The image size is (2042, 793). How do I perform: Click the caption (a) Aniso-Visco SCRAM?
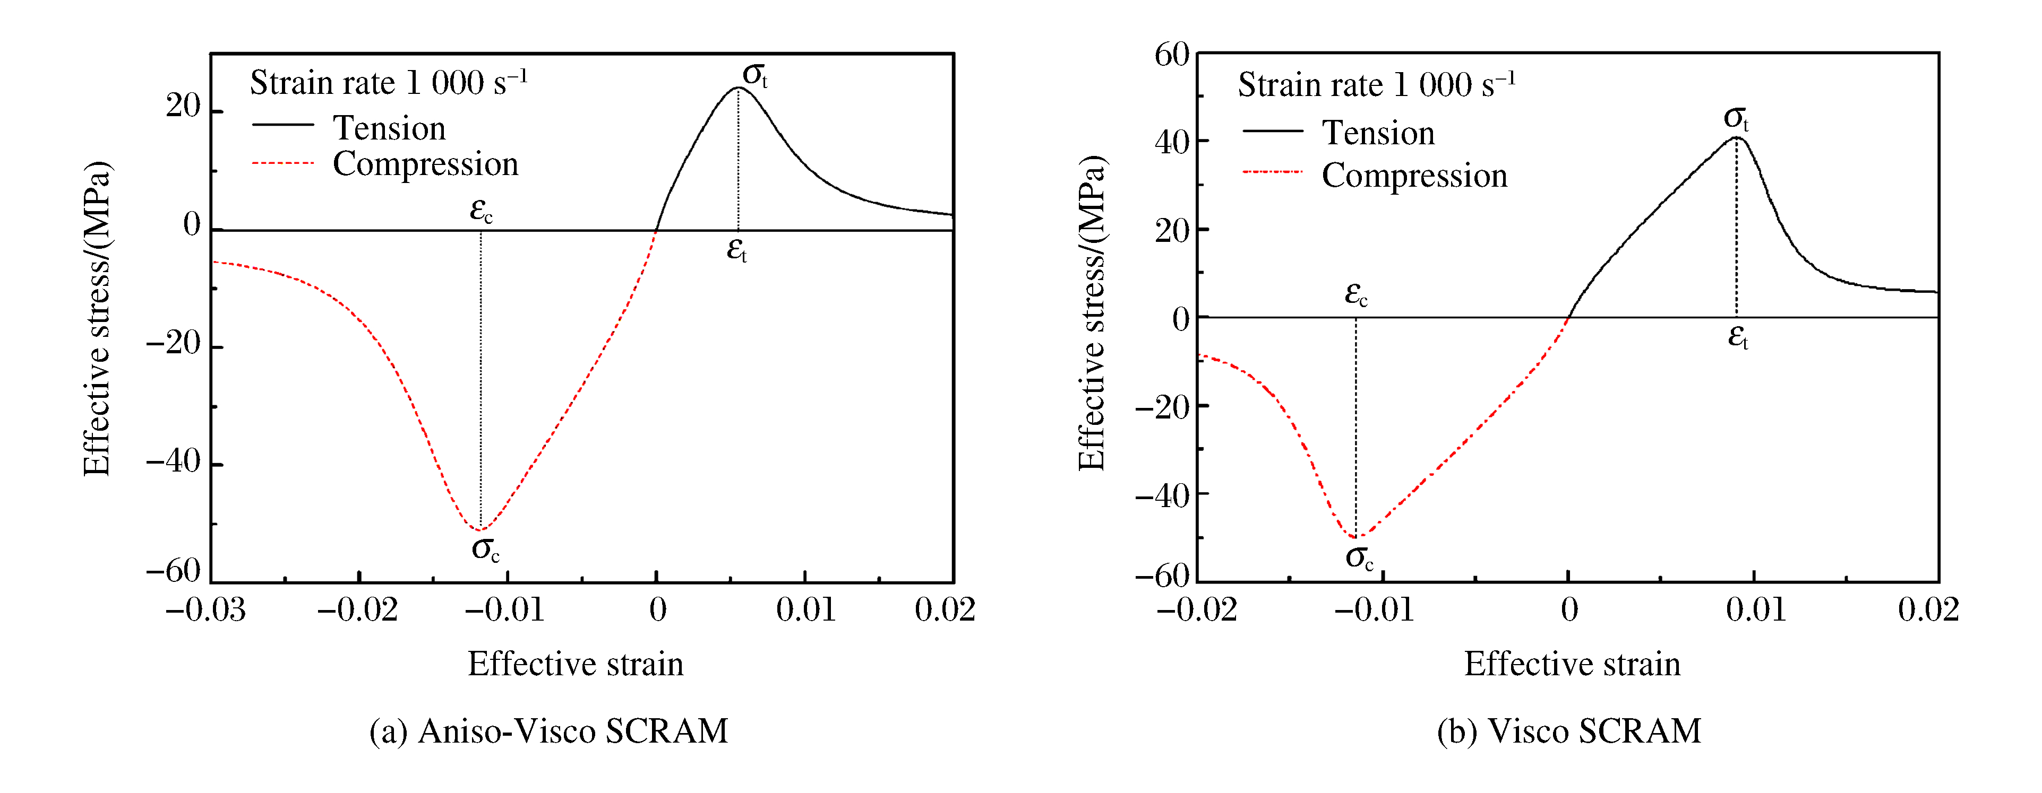click(x=548, y=730)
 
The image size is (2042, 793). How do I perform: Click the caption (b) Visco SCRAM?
click(x=1569, y=730)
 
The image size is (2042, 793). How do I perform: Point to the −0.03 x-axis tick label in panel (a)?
click(x=205, y=610)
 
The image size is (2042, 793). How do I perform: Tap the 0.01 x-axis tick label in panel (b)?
click(x=1756, y=610)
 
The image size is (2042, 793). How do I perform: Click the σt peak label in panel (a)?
click(x=754, y=75)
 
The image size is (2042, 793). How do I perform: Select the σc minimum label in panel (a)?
click(x=485, y=548)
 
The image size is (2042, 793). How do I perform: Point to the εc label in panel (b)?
click(x=1355, y=294)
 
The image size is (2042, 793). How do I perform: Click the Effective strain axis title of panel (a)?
click(x=576, y=664)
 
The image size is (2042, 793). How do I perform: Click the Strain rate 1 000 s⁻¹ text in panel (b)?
click(x=1376, y=84)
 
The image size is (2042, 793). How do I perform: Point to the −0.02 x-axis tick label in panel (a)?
click(x=357, y=610)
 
